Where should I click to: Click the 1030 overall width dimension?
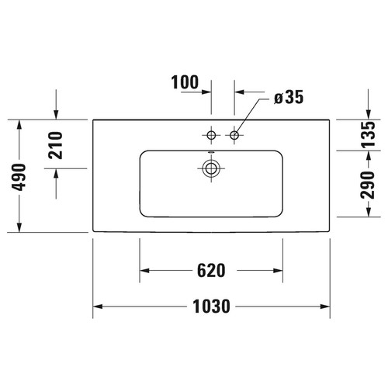tap(211, 307)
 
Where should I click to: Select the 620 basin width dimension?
tap(211, 271)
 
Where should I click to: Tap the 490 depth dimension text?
tap(19, 177)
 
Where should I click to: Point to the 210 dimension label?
tap(56, 145)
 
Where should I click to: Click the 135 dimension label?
tap(368, 134)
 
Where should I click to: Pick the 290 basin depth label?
tap(368, 185)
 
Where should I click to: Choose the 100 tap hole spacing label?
tap(185, 82)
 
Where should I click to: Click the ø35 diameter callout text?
tap(289, 97)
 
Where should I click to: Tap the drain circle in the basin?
tap(211, 168)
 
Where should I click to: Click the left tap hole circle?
tap(211, 135)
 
